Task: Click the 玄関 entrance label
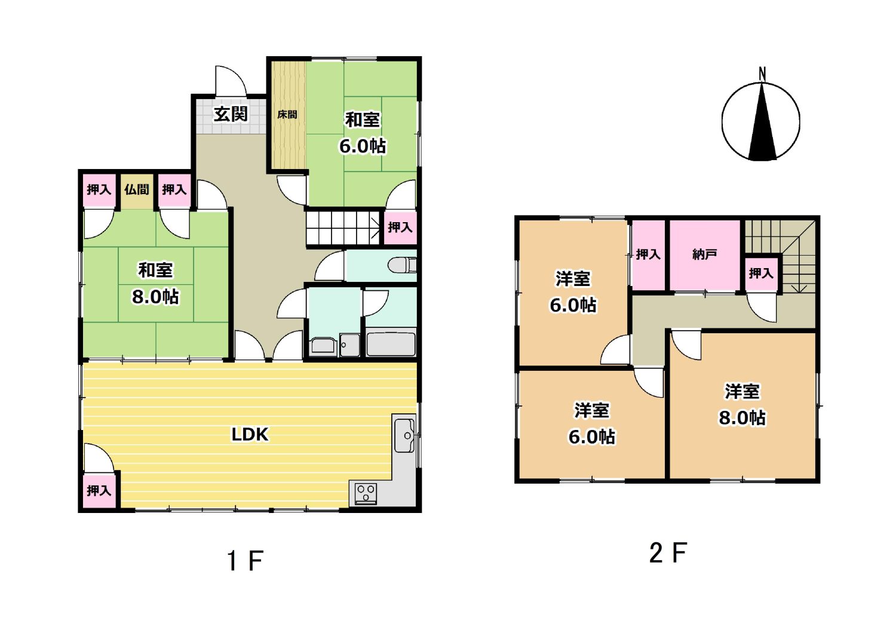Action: click(231, 115)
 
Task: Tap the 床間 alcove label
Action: click(287, 115)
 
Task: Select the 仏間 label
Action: click(136, 189)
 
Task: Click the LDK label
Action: click(250, 435)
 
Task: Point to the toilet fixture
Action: click(402, 265)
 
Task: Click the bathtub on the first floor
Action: click(391, 343)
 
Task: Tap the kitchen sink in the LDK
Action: click(405, 435)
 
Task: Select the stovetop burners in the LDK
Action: click(366, 493)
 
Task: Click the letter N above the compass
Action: click(762, 73)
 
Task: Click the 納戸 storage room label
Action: click(704, 254)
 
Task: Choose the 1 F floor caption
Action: click(245, 561)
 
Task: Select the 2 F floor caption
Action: click(668, 553)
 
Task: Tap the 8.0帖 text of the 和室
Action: click(155, 297)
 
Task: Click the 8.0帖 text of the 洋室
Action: click(742, 418)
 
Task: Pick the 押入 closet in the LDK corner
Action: click(99, 490)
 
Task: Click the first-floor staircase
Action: click(343, 228)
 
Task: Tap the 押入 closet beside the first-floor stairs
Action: click(400, 228)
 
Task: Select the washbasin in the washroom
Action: click(323, 346)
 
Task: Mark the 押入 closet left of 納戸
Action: click(648, 255)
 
